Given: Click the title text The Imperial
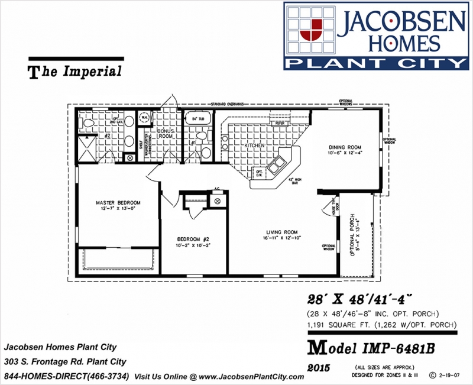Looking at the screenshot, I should pyautogui.click(x=75, y=72).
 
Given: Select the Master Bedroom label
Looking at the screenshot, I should pyautogui.click(x=118, y=203).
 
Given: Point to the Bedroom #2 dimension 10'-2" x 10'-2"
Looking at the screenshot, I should pyautogui.click(x=193, y=244).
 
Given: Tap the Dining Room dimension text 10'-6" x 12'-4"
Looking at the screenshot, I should pyautogui.click(x=345, y=154).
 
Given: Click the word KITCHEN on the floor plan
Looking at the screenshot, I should pyautogui.click(x=255, y=145).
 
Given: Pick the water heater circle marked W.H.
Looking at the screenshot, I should pyautogui.click(x=144, y=117).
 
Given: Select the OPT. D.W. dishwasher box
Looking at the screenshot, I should pyautogui.click(x=259, y=173).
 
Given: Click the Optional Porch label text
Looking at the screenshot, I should pyautogui.click(x=354, y=234).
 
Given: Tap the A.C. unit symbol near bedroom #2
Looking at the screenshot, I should pyautogui.click(x=217, y=201).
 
